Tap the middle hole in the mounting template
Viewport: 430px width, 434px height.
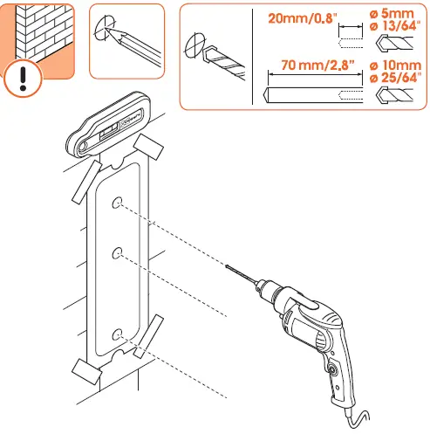(116, 253)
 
